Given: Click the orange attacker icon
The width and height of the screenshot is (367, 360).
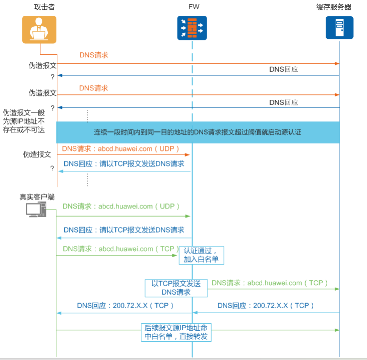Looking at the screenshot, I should [x=39, y=30].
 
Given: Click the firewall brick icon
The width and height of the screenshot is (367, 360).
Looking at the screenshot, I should [x=192, y=28].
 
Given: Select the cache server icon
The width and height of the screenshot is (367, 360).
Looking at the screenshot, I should [x=339, y=28].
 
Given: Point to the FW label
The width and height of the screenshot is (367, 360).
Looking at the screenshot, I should [x=192, y=7].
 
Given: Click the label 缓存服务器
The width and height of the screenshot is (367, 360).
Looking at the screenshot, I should [x=334, y=7].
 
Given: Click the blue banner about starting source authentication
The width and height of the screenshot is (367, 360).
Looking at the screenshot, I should [x=198, y=132].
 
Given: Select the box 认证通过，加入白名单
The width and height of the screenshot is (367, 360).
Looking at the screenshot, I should [x=201, y=255].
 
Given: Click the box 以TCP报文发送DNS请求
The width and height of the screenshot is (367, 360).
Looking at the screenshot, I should [x=176, y=287].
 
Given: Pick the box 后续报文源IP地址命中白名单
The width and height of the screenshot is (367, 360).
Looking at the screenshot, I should [x=176, y=332].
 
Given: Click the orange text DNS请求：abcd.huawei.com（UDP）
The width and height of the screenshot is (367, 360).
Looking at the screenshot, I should [x=121, y=149].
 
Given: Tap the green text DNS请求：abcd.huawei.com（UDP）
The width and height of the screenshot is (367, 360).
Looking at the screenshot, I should [x=121, y=206].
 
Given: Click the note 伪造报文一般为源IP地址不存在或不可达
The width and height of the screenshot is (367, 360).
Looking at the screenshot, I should [x=24, y=121].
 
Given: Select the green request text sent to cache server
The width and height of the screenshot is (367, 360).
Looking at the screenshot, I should [x=270, y=283].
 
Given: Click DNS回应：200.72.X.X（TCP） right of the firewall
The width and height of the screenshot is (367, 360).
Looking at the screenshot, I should [x=266, y=305].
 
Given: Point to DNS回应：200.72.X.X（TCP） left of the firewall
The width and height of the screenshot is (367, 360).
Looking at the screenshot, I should [x=125, y=305].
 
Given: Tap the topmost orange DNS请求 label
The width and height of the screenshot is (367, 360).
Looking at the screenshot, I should [x=94, y=55].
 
